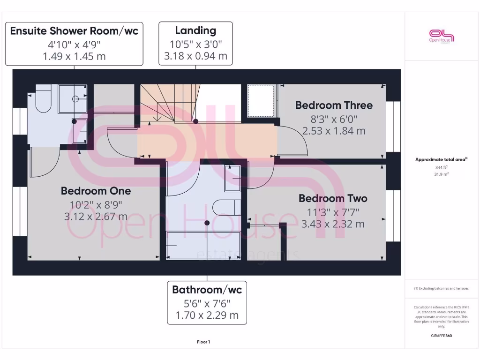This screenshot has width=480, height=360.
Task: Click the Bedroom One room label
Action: (96, 191)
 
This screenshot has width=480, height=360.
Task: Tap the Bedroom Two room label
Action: (333, 198)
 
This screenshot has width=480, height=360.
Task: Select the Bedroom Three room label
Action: (334, 105)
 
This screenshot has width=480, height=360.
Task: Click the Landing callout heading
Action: (195, 31)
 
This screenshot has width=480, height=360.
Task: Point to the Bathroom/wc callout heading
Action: (207, 289)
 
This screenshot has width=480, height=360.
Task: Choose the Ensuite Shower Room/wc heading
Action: (74, 31)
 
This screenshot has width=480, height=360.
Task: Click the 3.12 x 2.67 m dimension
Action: (96, 217)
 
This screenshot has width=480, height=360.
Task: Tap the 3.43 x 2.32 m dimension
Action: (333, 224)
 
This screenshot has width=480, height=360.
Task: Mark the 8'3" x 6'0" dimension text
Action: (334, 119)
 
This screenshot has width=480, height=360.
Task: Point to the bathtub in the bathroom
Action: (203, 245)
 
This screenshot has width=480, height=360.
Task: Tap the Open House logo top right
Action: (442, 36)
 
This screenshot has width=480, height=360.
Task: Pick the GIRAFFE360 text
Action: (441, 336)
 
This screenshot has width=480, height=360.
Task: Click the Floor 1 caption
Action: (203, 342)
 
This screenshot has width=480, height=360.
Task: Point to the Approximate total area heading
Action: (441, 159)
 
